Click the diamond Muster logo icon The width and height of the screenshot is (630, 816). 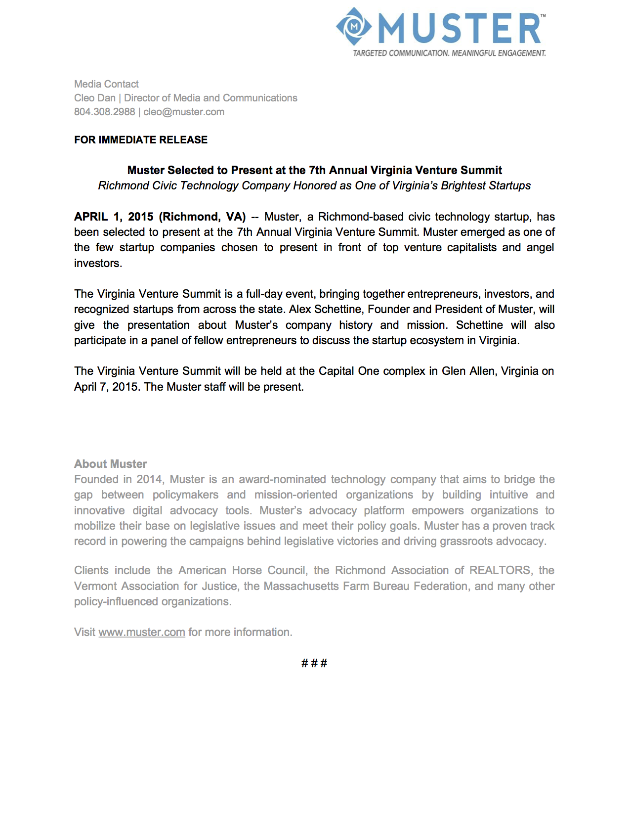[354, 26]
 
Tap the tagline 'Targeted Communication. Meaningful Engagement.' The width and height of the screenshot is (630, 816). [449, 53]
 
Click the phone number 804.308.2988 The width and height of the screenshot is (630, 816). [104, 112]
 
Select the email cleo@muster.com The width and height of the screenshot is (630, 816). [184, 112]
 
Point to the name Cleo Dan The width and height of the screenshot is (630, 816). [95, 98]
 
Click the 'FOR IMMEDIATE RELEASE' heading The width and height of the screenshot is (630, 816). [141, 140]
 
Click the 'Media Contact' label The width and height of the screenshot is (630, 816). [106, 84]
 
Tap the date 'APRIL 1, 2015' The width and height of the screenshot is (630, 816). [114, 217]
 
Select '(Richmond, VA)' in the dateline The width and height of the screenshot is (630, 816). [202, 217]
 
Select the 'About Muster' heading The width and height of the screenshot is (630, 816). [111, 464]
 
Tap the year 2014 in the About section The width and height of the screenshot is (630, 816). [149, 479]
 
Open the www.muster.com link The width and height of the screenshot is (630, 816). [142, 632]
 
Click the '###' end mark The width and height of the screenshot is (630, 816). [314, 663]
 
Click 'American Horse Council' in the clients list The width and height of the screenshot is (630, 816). [242, 570]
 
